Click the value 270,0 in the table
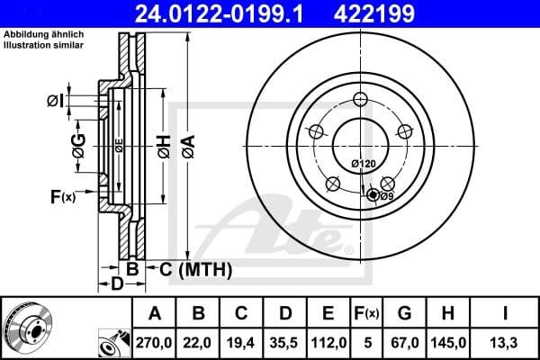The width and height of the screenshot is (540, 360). tap(155, 342)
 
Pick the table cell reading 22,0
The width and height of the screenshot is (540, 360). tap(199, 342)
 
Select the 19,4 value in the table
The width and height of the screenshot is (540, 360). tap(242, 342)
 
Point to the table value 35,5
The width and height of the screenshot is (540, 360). tap(285, 342)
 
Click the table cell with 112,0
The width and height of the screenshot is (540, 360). tap(328, 342)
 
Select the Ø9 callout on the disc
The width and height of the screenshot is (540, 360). tap(385, 196)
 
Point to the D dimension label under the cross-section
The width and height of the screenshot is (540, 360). tap(116, 285)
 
